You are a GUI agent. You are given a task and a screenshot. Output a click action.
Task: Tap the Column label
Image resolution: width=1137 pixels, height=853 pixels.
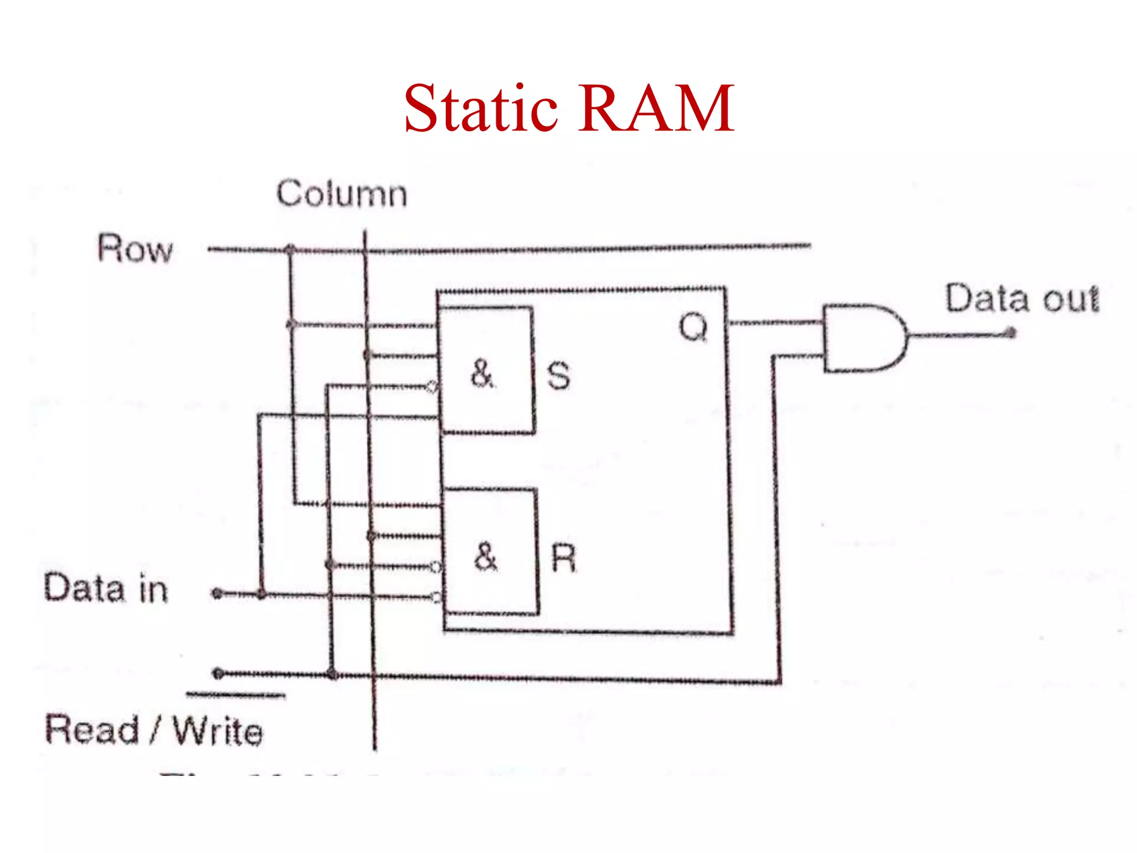pos(342,194)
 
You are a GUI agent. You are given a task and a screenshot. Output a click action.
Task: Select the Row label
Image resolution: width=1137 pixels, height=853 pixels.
pos(135,248)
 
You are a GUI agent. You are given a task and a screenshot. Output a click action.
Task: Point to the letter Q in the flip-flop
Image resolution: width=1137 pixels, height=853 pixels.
pos(693,327)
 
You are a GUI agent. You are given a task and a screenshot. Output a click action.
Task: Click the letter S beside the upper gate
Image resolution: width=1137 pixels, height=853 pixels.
pos(559,376)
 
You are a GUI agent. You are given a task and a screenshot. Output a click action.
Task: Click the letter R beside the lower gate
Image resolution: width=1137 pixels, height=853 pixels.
pos(564,558)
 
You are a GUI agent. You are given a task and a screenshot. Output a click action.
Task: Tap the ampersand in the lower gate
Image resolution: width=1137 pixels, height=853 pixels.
pos(486,556)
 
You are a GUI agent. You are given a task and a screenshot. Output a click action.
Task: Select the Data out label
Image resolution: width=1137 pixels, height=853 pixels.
pos(1022,299)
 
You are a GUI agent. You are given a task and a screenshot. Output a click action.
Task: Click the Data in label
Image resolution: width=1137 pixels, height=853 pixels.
pos(105,589)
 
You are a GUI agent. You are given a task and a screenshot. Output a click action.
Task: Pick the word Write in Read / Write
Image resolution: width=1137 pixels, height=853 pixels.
pos(218,731)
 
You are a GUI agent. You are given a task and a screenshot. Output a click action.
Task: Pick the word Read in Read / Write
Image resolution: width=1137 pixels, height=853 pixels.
pos(92,730)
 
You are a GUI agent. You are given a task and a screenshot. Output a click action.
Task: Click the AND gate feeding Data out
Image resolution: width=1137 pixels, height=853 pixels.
pos(863,338)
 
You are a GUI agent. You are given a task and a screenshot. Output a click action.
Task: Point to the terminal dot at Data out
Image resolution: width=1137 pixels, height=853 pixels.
pos(1011,333)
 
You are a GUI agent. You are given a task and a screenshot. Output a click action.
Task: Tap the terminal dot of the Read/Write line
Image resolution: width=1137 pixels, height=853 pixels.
pos(218,674)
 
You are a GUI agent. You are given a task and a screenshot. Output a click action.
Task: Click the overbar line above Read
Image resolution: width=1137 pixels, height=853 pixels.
pos(235,695)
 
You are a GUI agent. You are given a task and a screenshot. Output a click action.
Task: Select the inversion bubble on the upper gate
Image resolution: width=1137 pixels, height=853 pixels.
pos(432,387)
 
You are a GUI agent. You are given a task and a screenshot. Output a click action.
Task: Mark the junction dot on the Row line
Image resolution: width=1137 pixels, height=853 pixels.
pos(290,249)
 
